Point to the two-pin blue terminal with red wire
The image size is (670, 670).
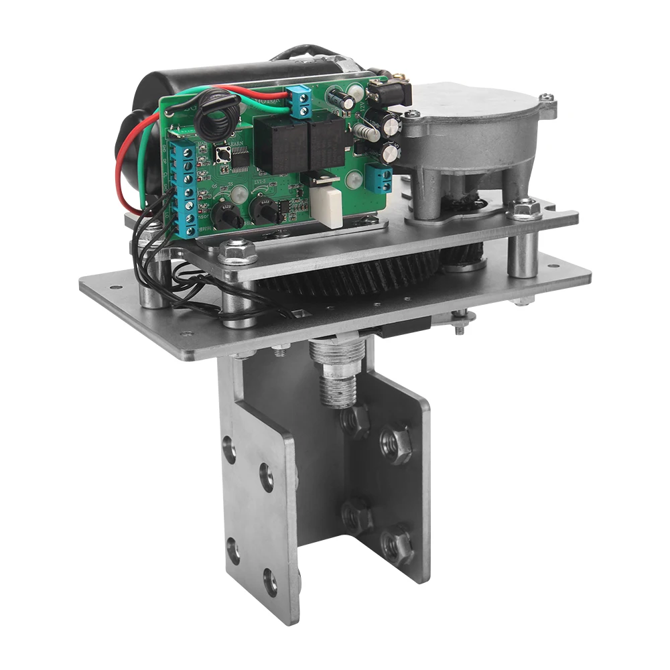pos(299,100)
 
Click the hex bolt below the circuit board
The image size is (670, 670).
pos(238,253)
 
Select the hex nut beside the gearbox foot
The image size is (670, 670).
pos(527,208)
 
